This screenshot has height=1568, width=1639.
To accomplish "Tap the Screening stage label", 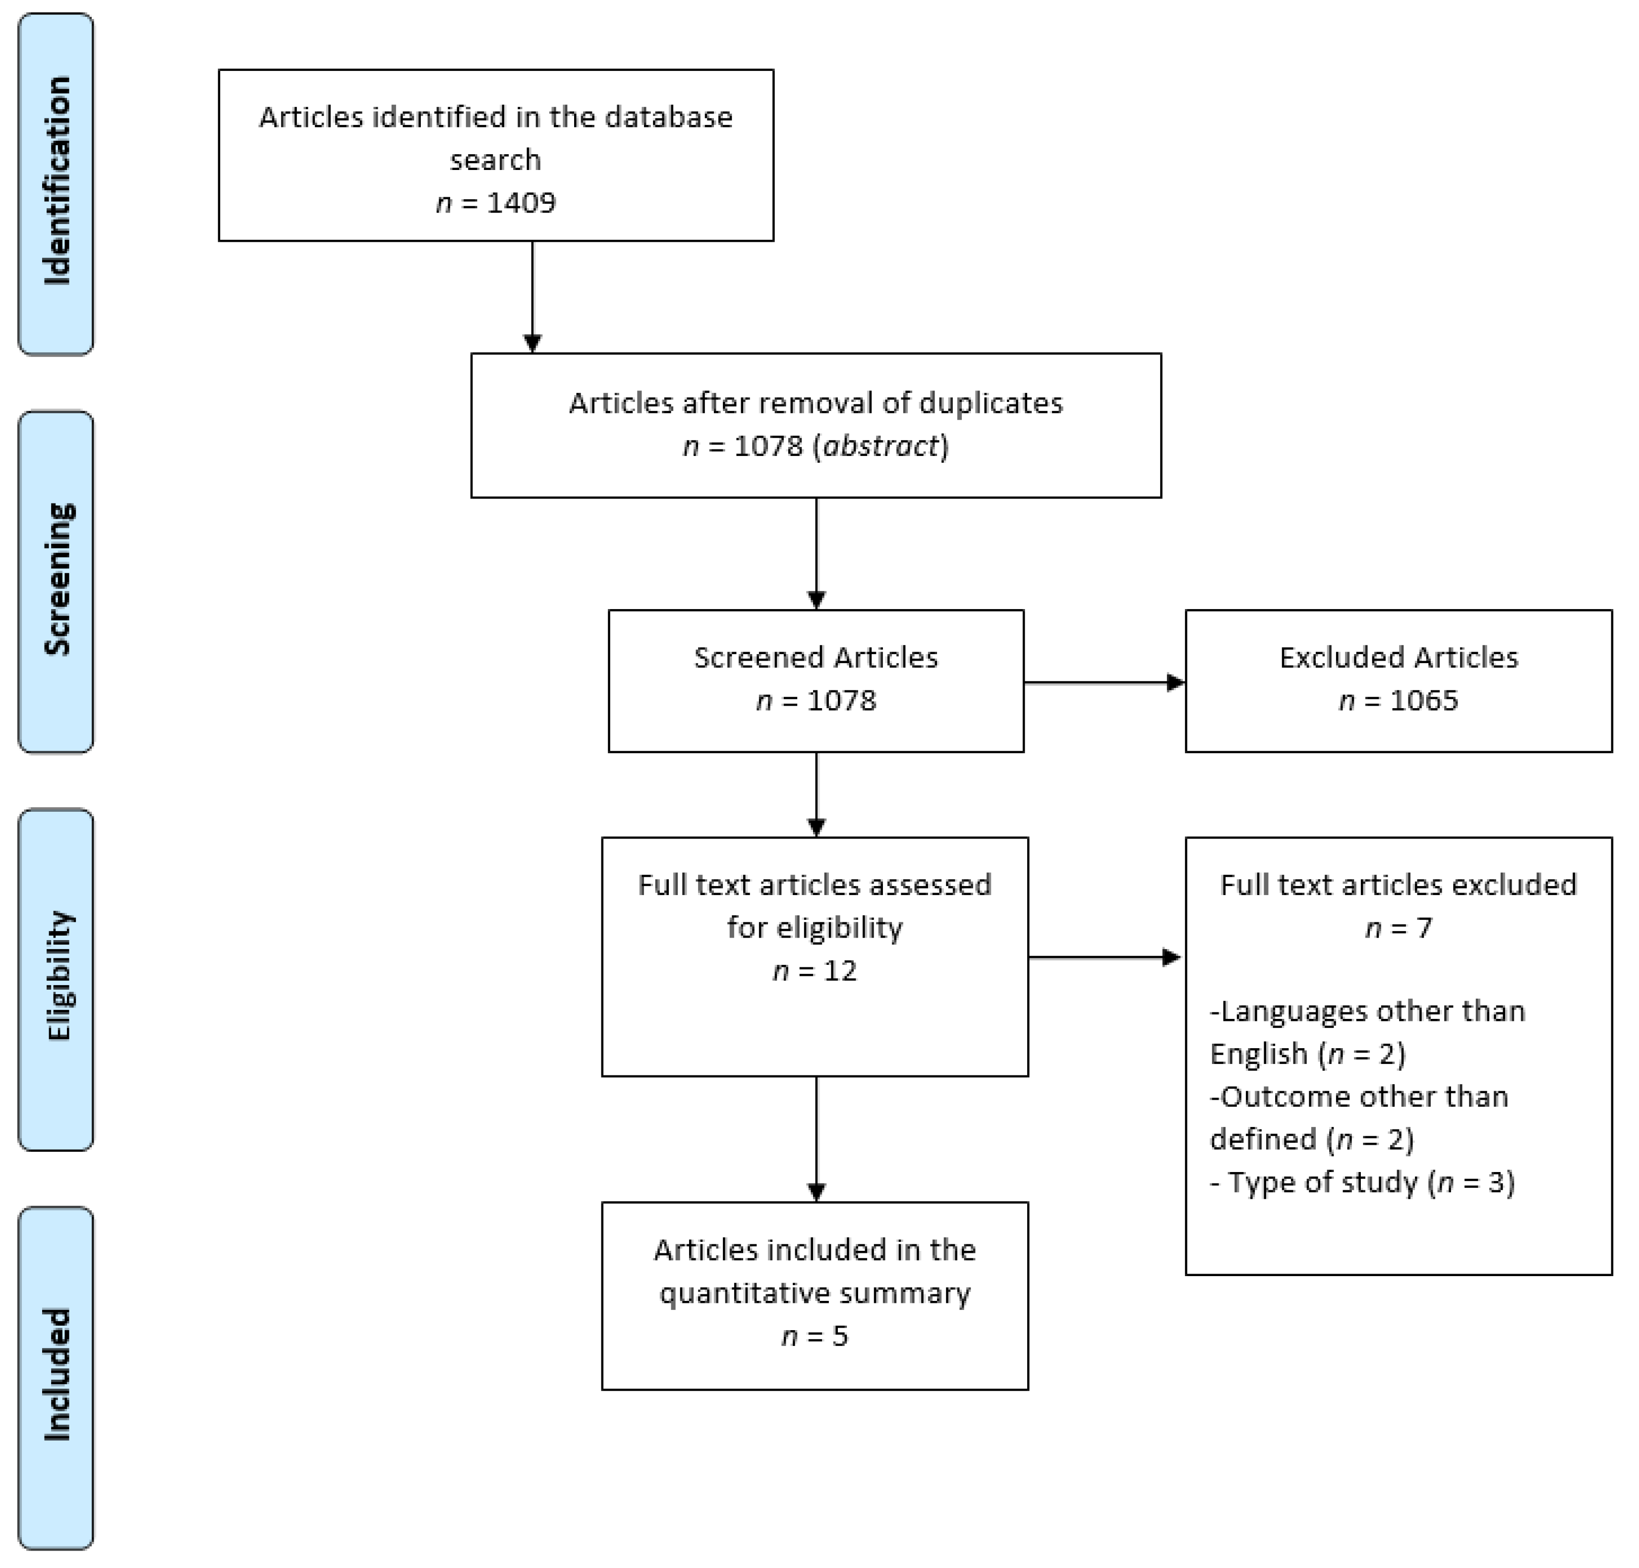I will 56,580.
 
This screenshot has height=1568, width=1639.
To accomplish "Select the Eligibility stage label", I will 56,976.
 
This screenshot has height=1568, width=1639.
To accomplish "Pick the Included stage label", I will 56,1375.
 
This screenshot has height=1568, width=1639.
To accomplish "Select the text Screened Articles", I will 816,658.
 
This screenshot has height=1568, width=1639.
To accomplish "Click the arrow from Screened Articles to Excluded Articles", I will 1104,683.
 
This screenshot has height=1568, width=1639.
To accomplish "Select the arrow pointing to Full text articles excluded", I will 1104,957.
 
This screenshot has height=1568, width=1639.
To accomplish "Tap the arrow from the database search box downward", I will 532,297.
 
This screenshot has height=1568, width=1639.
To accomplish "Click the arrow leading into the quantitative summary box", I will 816,1138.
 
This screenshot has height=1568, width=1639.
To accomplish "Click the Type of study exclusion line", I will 1363,1182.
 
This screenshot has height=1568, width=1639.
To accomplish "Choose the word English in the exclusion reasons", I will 1259,1054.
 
